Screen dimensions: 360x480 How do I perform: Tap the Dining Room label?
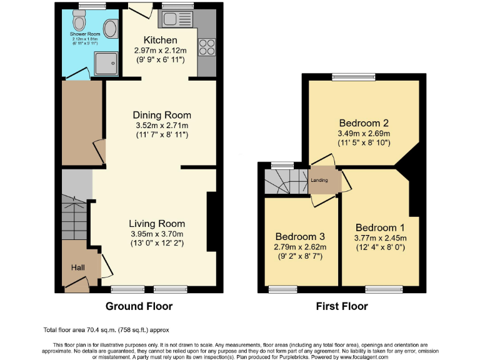tap(161, 115)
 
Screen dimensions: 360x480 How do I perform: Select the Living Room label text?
tap(157, 224)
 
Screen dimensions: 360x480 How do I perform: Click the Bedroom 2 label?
tap(364, 123)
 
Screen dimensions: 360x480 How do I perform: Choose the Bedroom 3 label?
tap(300, 236)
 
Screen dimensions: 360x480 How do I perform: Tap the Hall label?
tap(77, 267)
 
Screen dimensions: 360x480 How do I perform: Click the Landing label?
tap(319, 181)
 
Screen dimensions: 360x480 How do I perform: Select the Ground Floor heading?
tap(139, 306)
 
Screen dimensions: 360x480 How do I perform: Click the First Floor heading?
tap(341, 306)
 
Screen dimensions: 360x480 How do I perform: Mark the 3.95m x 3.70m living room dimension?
tap(157, 234)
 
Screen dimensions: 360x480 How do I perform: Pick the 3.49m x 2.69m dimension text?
tap(364, 133)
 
